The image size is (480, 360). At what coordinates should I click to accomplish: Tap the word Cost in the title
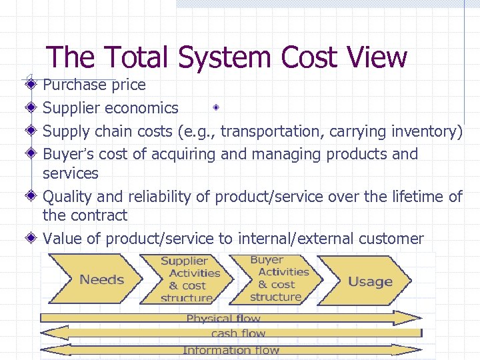coord(314,57)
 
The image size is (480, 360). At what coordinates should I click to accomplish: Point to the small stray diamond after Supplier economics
coord(217,107)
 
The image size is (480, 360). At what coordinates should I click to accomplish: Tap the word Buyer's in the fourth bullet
coord(69,154)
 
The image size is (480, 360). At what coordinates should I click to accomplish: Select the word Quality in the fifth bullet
coord(67,197)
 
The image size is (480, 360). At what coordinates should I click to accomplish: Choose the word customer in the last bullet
coord(391,238)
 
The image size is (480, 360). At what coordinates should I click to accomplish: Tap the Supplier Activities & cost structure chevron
coord(189,279)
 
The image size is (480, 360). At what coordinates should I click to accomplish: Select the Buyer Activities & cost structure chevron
coord(279,279)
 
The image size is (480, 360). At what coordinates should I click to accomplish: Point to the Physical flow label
coord(223,319)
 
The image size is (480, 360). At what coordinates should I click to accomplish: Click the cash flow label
coord(238,333)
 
